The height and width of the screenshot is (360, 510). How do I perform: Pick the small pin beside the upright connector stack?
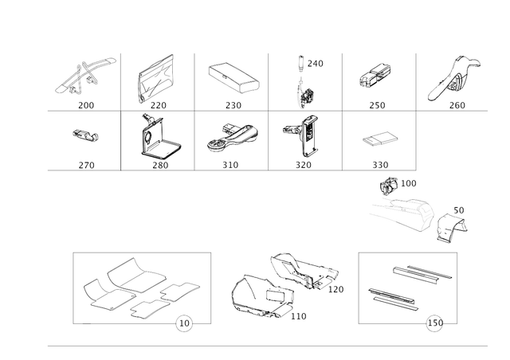pos(300,61)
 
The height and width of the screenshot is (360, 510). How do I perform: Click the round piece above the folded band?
pos(390,186)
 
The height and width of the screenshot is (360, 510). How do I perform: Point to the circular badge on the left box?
pos(184,325)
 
